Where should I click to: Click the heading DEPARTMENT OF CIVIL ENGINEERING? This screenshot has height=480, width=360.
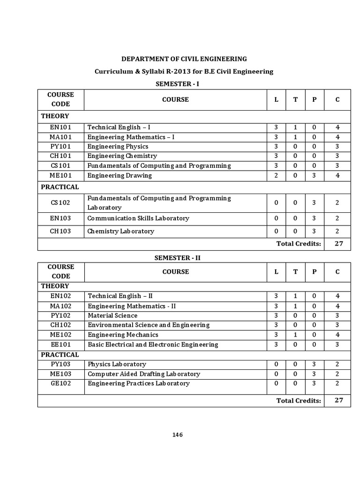tap(184, 59)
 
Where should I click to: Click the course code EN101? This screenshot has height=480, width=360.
tap(60, 127)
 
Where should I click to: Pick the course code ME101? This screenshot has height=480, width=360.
tap(60, 176)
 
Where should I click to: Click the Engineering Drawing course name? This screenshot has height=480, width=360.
tap(120, 176)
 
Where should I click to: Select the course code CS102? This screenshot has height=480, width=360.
tap(60, 203)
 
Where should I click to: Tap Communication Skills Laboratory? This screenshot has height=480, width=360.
tap(138, 218)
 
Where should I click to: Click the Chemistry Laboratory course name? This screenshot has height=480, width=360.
tap(120, 231)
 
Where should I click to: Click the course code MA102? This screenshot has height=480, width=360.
tap(60, 306)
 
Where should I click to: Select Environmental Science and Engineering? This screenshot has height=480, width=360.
tap(149, 325)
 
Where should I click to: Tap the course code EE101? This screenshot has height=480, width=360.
tap(60, 345)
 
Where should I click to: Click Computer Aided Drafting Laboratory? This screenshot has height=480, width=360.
tap(144, 374)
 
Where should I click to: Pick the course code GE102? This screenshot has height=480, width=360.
tap(60, 383)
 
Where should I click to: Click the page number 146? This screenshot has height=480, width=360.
tap(177, 435)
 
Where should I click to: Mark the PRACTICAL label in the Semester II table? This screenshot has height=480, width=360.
tap(60, 355)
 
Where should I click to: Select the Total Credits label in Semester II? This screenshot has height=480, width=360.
tap(299, 401)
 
